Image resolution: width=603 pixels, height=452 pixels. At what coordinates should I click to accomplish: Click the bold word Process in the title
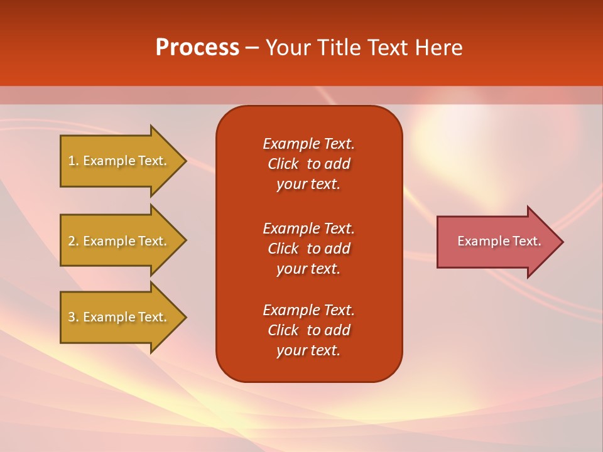(x=197, y=48)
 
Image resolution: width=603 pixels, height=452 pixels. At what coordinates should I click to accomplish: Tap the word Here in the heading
(x=438, y=48)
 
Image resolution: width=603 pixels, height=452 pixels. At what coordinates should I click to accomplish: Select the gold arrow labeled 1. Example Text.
(x=119, y=161)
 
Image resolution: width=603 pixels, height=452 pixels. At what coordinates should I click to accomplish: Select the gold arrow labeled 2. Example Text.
(x=119, y=241)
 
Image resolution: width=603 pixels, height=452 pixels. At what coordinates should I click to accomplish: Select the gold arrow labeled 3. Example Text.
(x=119, y=317)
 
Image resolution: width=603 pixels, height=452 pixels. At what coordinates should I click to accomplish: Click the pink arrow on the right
(x=496, y=241)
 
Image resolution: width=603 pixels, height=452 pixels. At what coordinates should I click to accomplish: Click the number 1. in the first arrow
(x=73, y=161)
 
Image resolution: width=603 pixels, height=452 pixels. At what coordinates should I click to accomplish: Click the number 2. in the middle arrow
(x=73, y=241)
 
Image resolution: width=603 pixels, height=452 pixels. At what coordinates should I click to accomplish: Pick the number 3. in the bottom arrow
(x=73, y=317)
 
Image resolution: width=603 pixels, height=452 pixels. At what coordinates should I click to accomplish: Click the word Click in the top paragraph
(x=283, y=164)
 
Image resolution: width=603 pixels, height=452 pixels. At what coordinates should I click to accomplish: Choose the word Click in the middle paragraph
(x=283, y=249)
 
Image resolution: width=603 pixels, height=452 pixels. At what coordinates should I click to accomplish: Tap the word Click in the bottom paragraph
(x=283, y=330)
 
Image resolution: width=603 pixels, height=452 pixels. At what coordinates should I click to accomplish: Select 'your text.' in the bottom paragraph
(x=308, y=350)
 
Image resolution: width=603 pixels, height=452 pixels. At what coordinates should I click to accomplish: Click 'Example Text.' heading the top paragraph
(x=308, y=144)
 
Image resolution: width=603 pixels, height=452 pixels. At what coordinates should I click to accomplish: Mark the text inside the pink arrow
(x=499, y=241)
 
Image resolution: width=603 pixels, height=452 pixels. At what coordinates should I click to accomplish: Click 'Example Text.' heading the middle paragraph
(x=308, y=229)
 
